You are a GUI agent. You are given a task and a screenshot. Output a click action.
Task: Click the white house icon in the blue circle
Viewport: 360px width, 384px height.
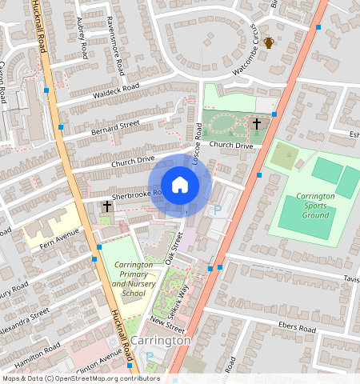pyautogui.click(x=180, y=185)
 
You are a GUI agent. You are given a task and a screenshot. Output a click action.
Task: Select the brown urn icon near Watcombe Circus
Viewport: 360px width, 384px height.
pyautogui.click(x=270, y=42)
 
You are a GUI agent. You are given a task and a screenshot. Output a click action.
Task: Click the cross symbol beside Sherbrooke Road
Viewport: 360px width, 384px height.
pyautogui.click(x=106, y=206)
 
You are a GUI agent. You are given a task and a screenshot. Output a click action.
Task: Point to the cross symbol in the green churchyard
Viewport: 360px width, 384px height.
pyautogui.click(x=257, y=124)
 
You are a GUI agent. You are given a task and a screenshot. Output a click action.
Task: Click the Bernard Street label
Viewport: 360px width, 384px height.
pyautogui.click(x=115, y=126)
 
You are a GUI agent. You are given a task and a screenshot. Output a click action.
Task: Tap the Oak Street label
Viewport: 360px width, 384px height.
pyautogui.click(x=174, y=248)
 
